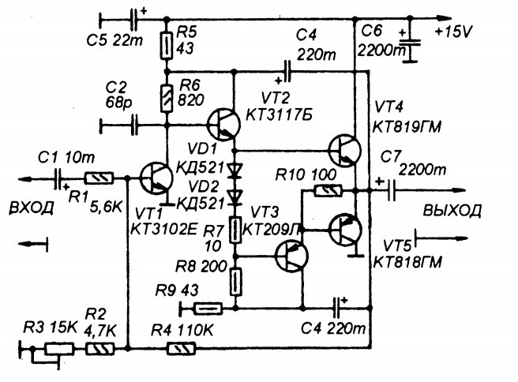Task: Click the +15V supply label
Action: pyautogui.click(x=454, y=32)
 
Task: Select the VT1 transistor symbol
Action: pyautogui.click(x=156, y=178)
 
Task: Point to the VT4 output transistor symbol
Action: pyautogui.click(x=344, y=151)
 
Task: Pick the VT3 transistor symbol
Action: pyautogui.click(x=291, y=257)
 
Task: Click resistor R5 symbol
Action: pyautogui.click(x=167, y=46)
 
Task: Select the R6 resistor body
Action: pyautogui.click(x=167, y=99)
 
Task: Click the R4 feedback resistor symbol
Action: pyautogui.click(x=181, y=349)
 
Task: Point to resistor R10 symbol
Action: pyautogui.click(x=328, y=191)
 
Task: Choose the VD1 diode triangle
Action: pyautogui.click(x=235, y=170)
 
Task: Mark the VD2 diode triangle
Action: pyautogui.click(x=235, y=197)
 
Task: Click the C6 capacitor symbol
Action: pyautogui.click(x=409, y=46)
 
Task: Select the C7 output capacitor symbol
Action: pyautogui.click(x=390, y=190)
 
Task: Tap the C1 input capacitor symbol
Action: pyautogui.click(x=58, y=179)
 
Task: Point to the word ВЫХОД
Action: pyautogui.click(x=452, y=210)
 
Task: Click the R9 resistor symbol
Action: pyautogui.click(x=208, y=309)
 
